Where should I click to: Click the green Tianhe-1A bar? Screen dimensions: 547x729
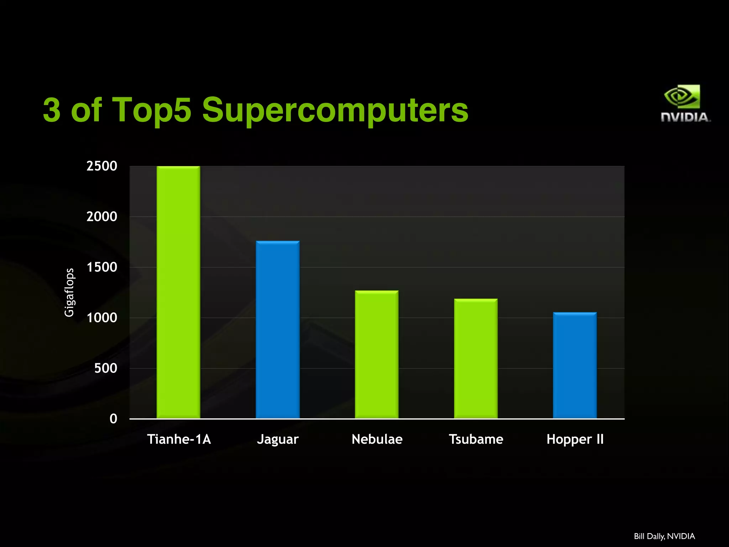178,292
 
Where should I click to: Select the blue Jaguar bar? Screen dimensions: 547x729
278,329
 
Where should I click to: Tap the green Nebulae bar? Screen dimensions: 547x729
377,354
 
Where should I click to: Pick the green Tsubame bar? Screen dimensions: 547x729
476,358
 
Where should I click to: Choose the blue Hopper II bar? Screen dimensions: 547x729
575,365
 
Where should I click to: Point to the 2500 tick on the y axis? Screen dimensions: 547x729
102,166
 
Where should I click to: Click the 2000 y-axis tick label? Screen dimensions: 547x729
102,217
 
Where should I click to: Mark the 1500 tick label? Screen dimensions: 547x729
102,267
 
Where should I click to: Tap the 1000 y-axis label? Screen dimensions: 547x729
102,318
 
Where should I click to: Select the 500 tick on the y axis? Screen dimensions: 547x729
106,368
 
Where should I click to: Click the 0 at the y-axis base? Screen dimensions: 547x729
113,419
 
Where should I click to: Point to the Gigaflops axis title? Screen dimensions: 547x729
69,292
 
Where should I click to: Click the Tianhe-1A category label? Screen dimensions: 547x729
179,439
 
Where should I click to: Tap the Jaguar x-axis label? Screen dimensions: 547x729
278,439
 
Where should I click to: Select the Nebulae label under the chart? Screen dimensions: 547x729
377,439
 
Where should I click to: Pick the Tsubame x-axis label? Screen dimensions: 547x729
476,439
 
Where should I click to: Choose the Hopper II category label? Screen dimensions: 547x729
575,439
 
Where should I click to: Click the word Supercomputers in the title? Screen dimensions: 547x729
335,110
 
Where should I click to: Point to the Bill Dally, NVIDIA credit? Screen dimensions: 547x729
664,536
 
